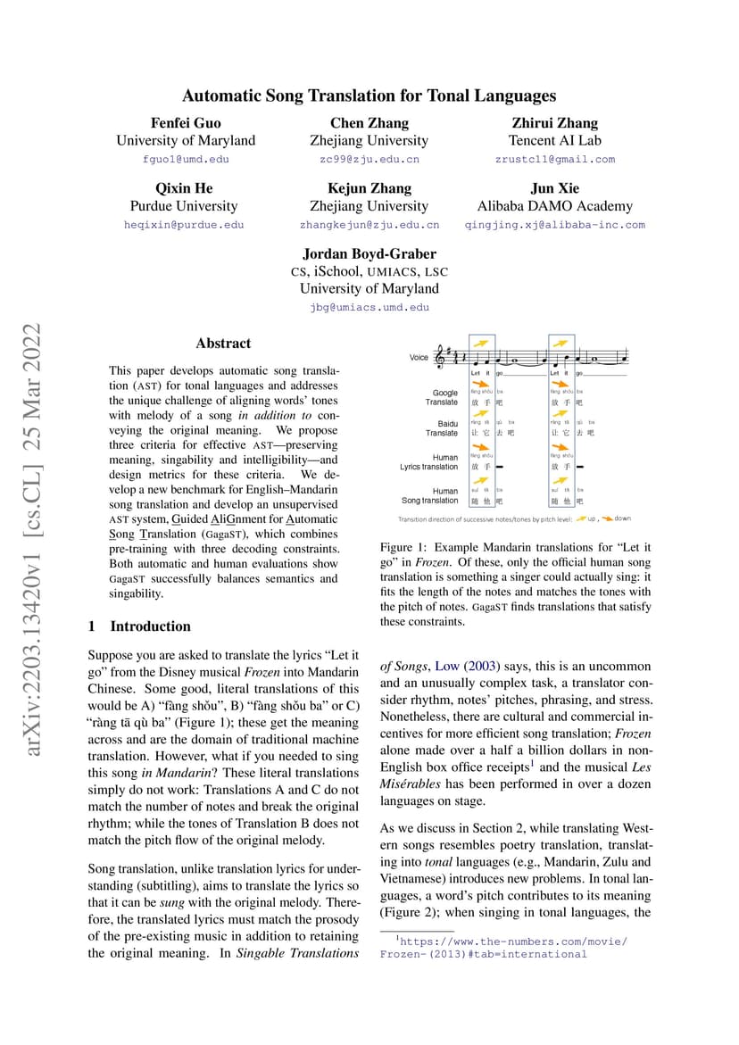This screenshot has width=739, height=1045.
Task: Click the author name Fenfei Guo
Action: [x=186, y=123]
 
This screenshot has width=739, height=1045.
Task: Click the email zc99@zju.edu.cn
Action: [x=369, y=160]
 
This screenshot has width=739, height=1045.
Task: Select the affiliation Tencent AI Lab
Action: [x=554, y=141]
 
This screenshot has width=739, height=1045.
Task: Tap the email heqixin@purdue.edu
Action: [x=184, y=225]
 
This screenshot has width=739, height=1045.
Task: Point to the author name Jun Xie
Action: [x=554, y=188]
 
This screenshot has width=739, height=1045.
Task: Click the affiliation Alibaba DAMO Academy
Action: [x=554, y=206]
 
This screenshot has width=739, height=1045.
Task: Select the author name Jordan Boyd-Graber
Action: [x=369, y=253]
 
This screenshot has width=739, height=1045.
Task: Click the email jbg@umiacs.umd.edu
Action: [x=369, y=307]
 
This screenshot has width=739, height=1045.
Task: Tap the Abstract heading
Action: [x=223, y=344]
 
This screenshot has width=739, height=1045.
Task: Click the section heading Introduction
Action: [x=150, y=626]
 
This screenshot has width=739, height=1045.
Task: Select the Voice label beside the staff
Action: [x=419, y=358]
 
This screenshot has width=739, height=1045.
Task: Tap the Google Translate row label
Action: [x=444, y=397]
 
